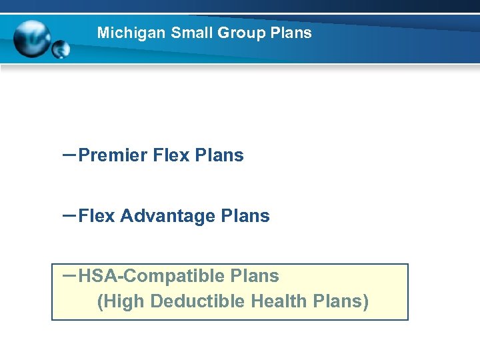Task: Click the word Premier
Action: pyautogui.click(x=113, y=156)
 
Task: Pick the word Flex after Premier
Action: pyautogui.click(x=171, y=156)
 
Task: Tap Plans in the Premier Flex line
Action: pyautogui.click(x=219, y=156)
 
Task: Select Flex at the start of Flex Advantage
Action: pyautogui.click(x=97, y=216)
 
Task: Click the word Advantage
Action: pyautogui.click(x=167, y=216)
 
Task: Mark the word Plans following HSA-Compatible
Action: pyautogui.click(x=254, y=276)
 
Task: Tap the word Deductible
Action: pyautogui.click(x=198, y=302)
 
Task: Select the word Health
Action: pyautogui.click(x=279, y=302)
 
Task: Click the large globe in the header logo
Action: pyautogui.click(x=32, y=38)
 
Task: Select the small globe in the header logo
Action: pyautogui.click(x=61, y=49)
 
